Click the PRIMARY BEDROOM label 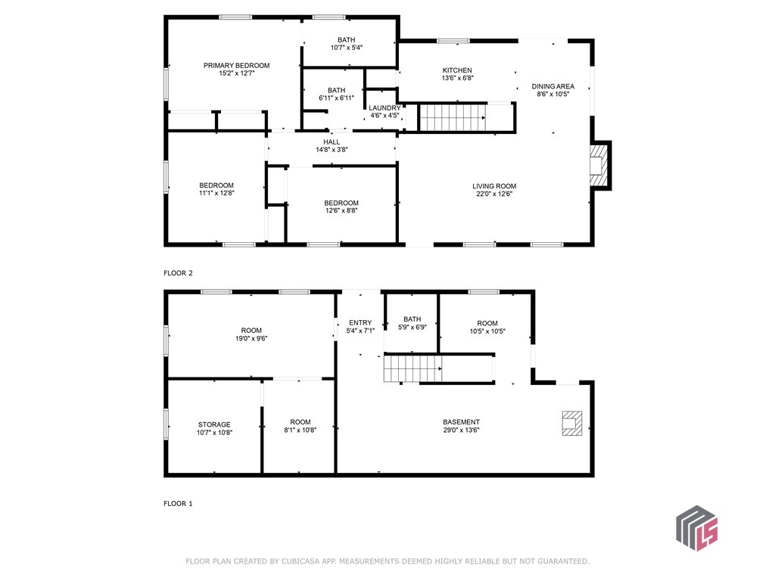pyautogui.click(x=237, y=65)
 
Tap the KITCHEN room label pyautogui.click(x=457, y=70)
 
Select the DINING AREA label pyautogui.click(x=553, y=86)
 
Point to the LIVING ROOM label pyautogui.click(x=494, y=186)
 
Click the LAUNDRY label pyautogui.click(x=384, y=107)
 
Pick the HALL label pyautogui.click(x=331, y=141)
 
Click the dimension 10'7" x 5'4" pyautogui.click(x=347, y=48)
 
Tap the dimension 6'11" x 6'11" pyautogui.click(x=337, y=98)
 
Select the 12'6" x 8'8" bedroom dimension pyautogui.click(x=341, y=210)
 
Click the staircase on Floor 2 pyautogui.click(x=453, y=117)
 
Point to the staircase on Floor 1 pyautogui.click(x=413, y=368)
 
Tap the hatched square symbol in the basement pyautogui.click(x=572, y=424)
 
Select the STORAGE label pyautogui.click(x=214, y=424)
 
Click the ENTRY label pyautogui.click(x=360, y=322)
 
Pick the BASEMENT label pyautogui.click(x=461, y=422)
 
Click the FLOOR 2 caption pyautogui.click(x=178, y=272)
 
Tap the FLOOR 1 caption pyautogui.click(x=178, y=503)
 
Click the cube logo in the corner pyautogui.click(x=697, y=528)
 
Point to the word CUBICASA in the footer pyautogui.click(x=302, y=561)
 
